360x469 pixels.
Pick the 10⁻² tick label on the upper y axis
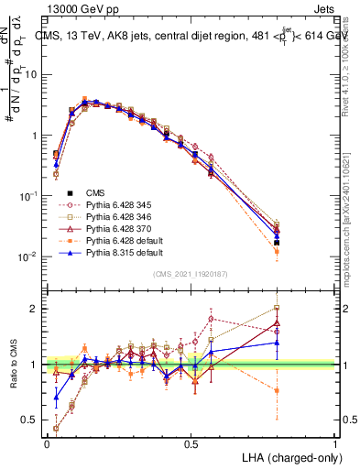point(30,257)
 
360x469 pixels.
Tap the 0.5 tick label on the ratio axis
point(33,421)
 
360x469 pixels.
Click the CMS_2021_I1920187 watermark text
point(191,273)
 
